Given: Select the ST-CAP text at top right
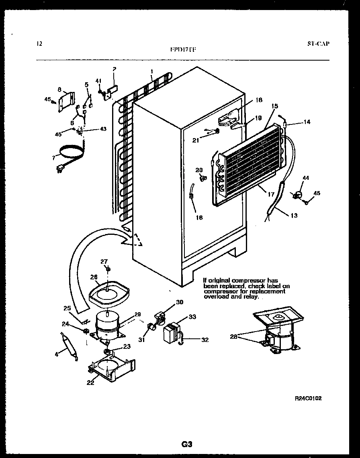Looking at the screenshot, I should pos(316,44).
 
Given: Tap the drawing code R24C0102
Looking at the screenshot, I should pos(308,398).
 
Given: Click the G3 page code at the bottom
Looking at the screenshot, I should pos(187,444).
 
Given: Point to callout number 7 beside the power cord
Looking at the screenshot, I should pos(53,158).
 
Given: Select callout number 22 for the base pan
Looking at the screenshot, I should pos(90,383).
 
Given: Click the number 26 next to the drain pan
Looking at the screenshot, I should pos(94,277).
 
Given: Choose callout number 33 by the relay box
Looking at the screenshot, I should pos(192,317).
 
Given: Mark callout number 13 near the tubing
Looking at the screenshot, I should pos(294,216).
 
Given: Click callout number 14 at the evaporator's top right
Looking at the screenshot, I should pos(307,122).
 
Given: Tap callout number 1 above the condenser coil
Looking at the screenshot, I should pos(152,72).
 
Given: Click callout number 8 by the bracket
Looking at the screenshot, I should pos(59,89).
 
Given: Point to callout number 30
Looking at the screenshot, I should pos(179,302).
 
